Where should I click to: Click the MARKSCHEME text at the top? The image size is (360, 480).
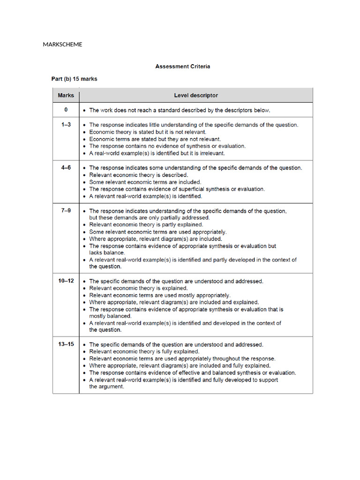(x=62, y=45)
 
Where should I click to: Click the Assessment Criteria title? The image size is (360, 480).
(x=182, y=67)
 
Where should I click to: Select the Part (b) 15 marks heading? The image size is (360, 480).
(x=74, y=79)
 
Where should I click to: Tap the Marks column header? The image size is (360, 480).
(x=66, y=96)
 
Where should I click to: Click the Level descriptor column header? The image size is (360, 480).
(x=195, y=96)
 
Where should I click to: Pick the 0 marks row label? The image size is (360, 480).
(x=66, y=110)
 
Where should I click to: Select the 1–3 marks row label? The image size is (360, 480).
(x=66, y=125)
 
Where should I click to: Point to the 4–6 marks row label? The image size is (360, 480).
(x=66, y=167)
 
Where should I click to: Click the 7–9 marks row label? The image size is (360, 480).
(x=66, y=210)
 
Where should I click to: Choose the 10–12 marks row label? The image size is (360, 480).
(x=66, y=281)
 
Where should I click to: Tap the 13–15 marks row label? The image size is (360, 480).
(x=66, y=344)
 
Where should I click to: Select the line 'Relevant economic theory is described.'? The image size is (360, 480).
(x=139, y=175)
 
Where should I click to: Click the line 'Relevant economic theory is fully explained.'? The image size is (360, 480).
(x=144, y=352)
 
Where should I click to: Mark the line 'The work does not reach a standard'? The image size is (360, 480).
(x=180, y=111)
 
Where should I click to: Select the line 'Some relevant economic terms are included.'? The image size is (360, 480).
(x=145, y=182)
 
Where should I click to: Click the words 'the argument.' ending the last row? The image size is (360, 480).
(x=106, y=387)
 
